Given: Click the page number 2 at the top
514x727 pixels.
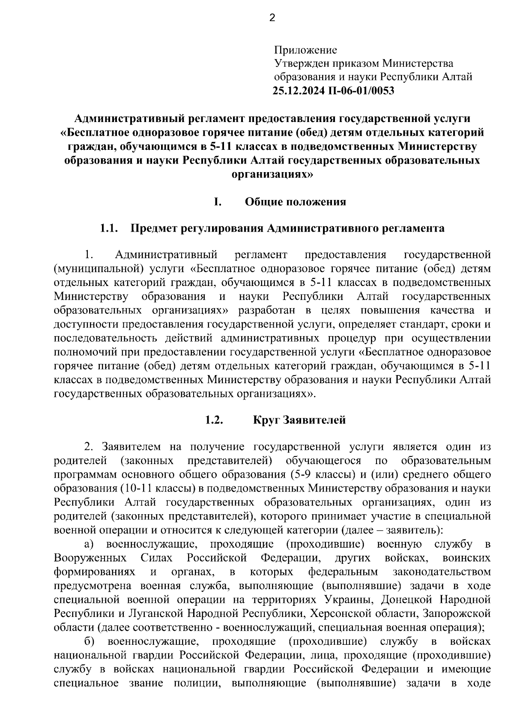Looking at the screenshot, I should coord(272,18).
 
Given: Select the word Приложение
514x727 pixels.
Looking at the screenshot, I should coord(305,50).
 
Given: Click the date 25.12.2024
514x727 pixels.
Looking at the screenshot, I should coord(299,91).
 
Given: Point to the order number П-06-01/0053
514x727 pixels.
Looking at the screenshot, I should coord(361,91).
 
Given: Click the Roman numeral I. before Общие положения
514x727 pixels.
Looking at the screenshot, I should coord(218,202).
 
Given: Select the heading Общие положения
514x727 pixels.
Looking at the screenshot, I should coord(295,202).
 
